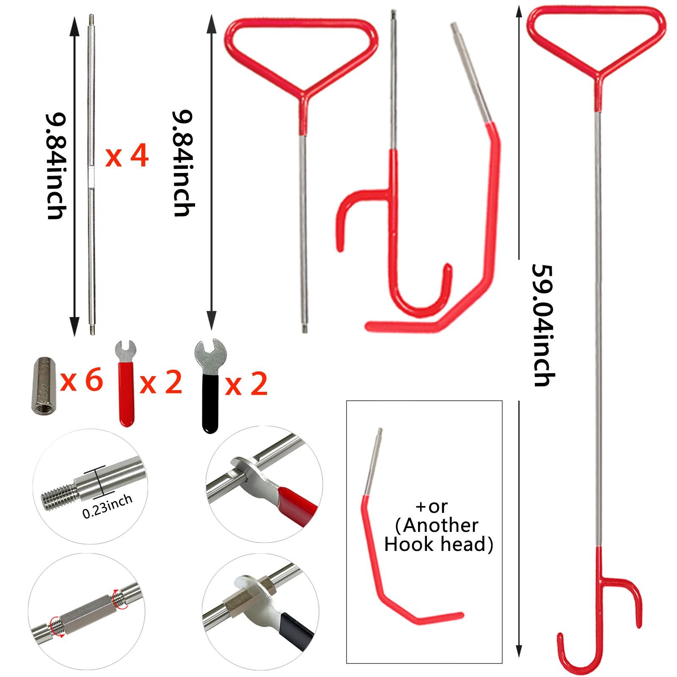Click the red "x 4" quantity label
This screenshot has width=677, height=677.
click(127, 156)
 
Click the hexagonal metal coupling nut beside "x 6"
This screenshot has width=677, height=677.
click(44, 385)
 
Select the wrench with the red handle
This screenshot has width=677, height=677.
click(126, 383)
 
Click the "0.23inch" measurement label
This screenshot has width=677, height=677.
click(107, 506)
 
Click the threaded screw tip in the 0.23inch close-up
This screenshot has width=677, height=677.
click(59, 495)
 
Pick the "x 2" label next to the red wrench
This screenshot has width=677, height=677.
click(161, 382)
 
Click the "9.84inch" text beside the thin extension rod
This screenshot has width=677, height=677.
click(56, 166)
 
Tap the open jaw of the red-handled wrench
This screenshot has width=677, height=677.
click(126, 350)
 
